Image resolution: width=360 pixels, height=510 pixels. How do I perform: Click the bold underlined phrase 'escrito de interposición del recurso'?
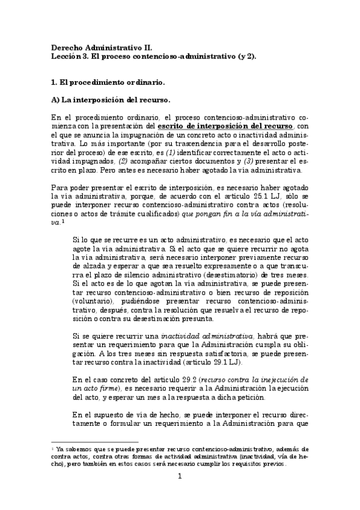[225, 126]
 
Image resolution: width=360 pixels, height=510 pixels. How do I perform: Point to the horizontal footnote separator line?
[90, 442]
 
